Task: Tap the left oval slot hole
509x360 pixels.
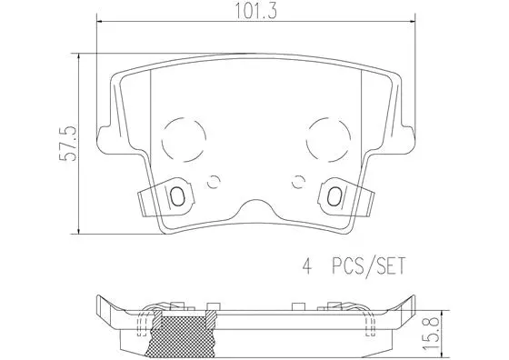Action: click(178, 196)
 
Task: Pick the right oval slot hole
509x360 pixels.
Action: click(334, 196)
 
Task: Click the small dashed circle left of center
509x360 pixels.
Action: click(214, 180)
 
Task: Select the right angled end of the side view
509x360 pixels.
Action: click(409, 309)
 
